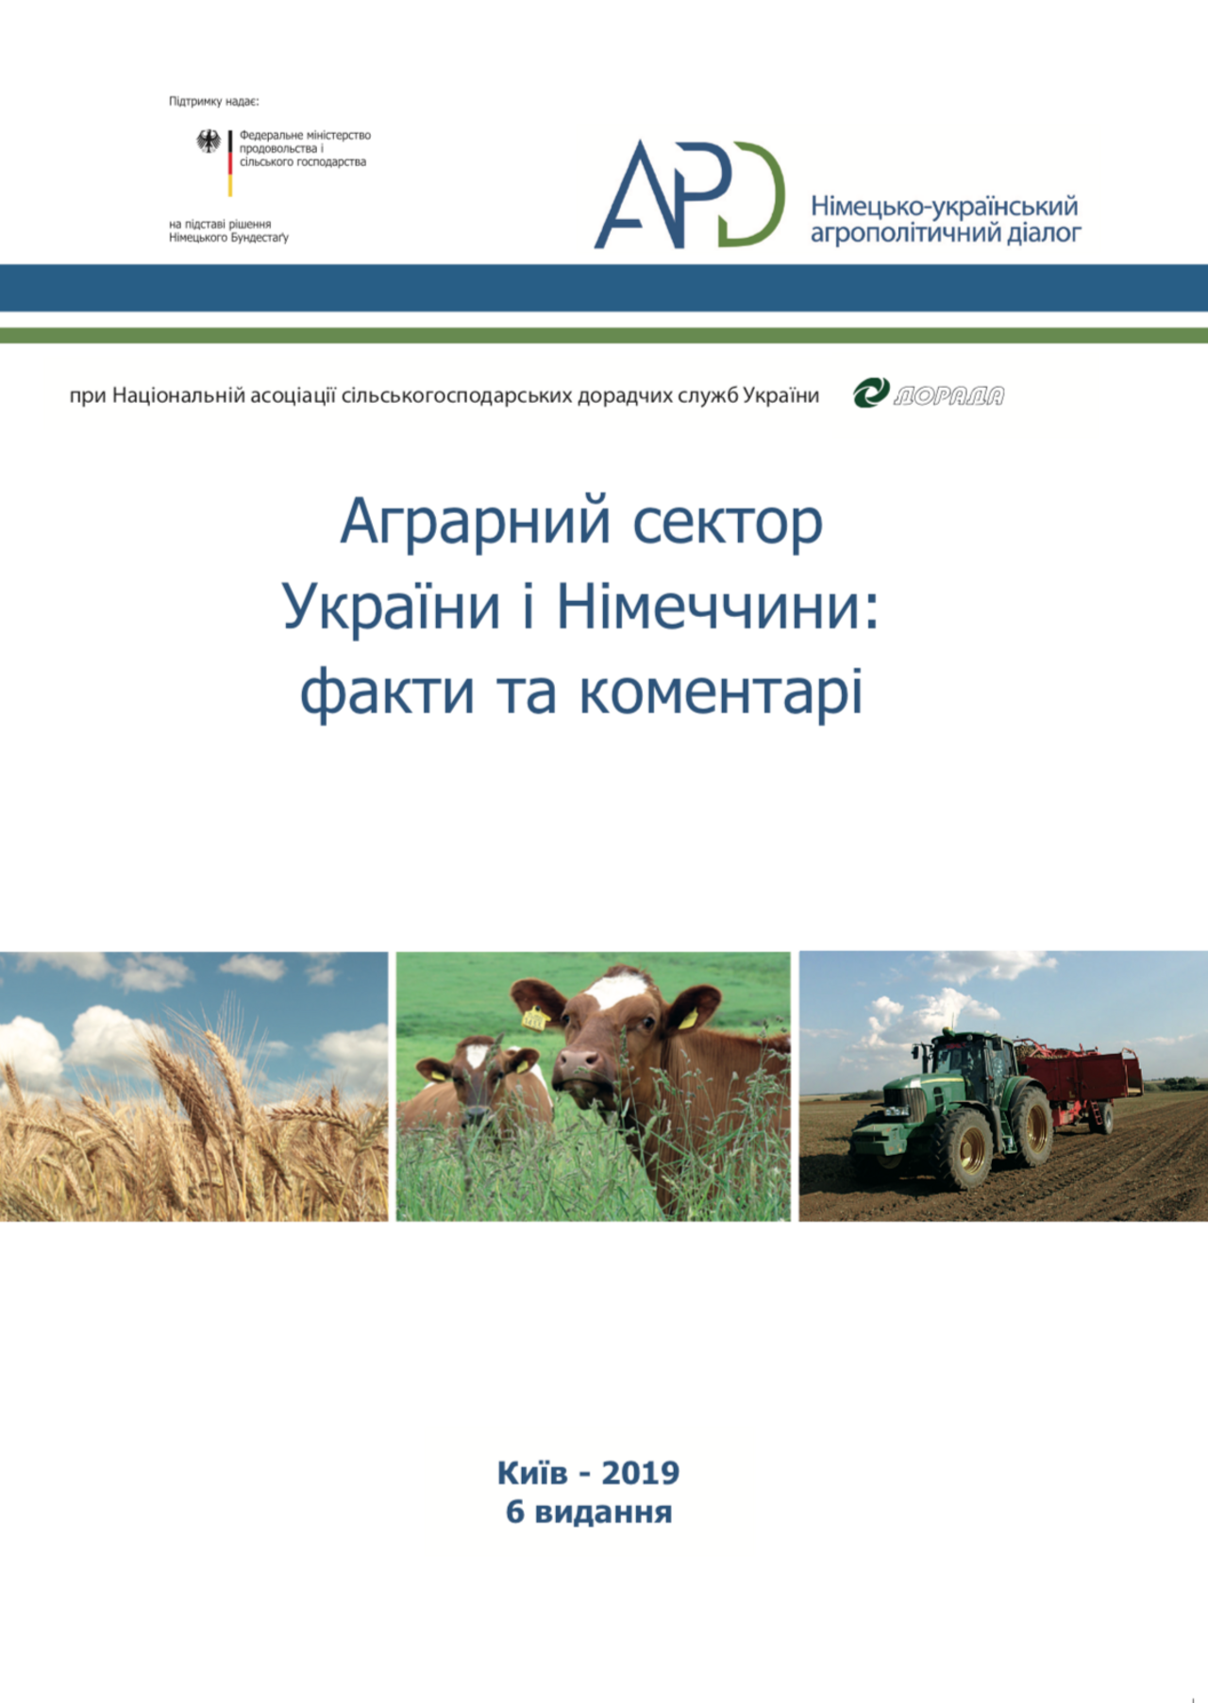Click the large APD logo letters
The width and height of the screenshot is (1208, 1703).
tap(689, 194)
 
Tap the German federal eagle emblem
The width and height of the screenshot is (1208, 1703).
tap(209, 142)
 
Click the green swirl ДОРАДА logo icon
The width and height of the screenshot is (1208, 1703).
tap(871, 392)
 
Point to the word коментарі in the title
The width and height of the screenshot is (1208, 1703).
tap(721, 692)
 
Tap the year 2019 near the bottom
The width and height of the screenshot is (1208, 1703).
tap(640, 1473)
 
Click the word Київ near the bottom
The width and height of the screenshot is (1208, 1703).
tap(533, 1472)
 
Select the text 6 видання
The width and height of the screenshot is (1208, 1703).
tap(589, 1511)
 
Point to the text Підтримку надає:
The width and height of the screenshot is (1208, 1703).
tap(213, 101)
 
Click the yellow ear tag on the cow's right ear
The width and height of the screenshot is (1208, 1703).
tap(536, 1018)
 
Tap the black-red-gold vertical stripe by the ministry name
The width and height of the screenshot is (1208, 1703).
tap(230, 163)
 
